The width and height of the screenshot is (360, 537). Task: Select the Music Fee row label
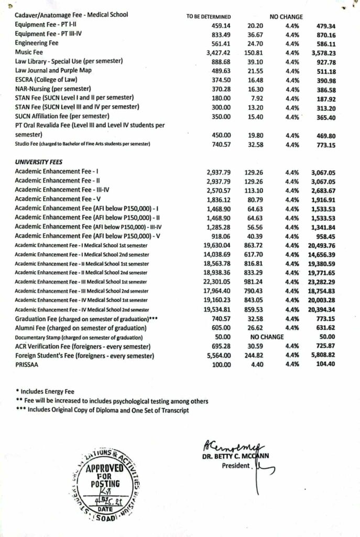pos(30,52)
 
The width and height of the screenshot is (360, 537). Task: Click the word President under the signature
pos(234,465)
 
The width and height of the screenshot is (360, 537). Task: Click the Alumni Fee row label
pos(79,327)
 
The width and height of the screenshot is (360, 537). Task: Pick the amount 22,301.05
pos(215,282)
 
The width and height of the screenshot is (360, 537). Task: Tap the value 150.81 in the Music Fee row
pos(254,52)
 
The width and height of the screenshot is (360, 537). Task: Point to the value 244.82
pos(254,355)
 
